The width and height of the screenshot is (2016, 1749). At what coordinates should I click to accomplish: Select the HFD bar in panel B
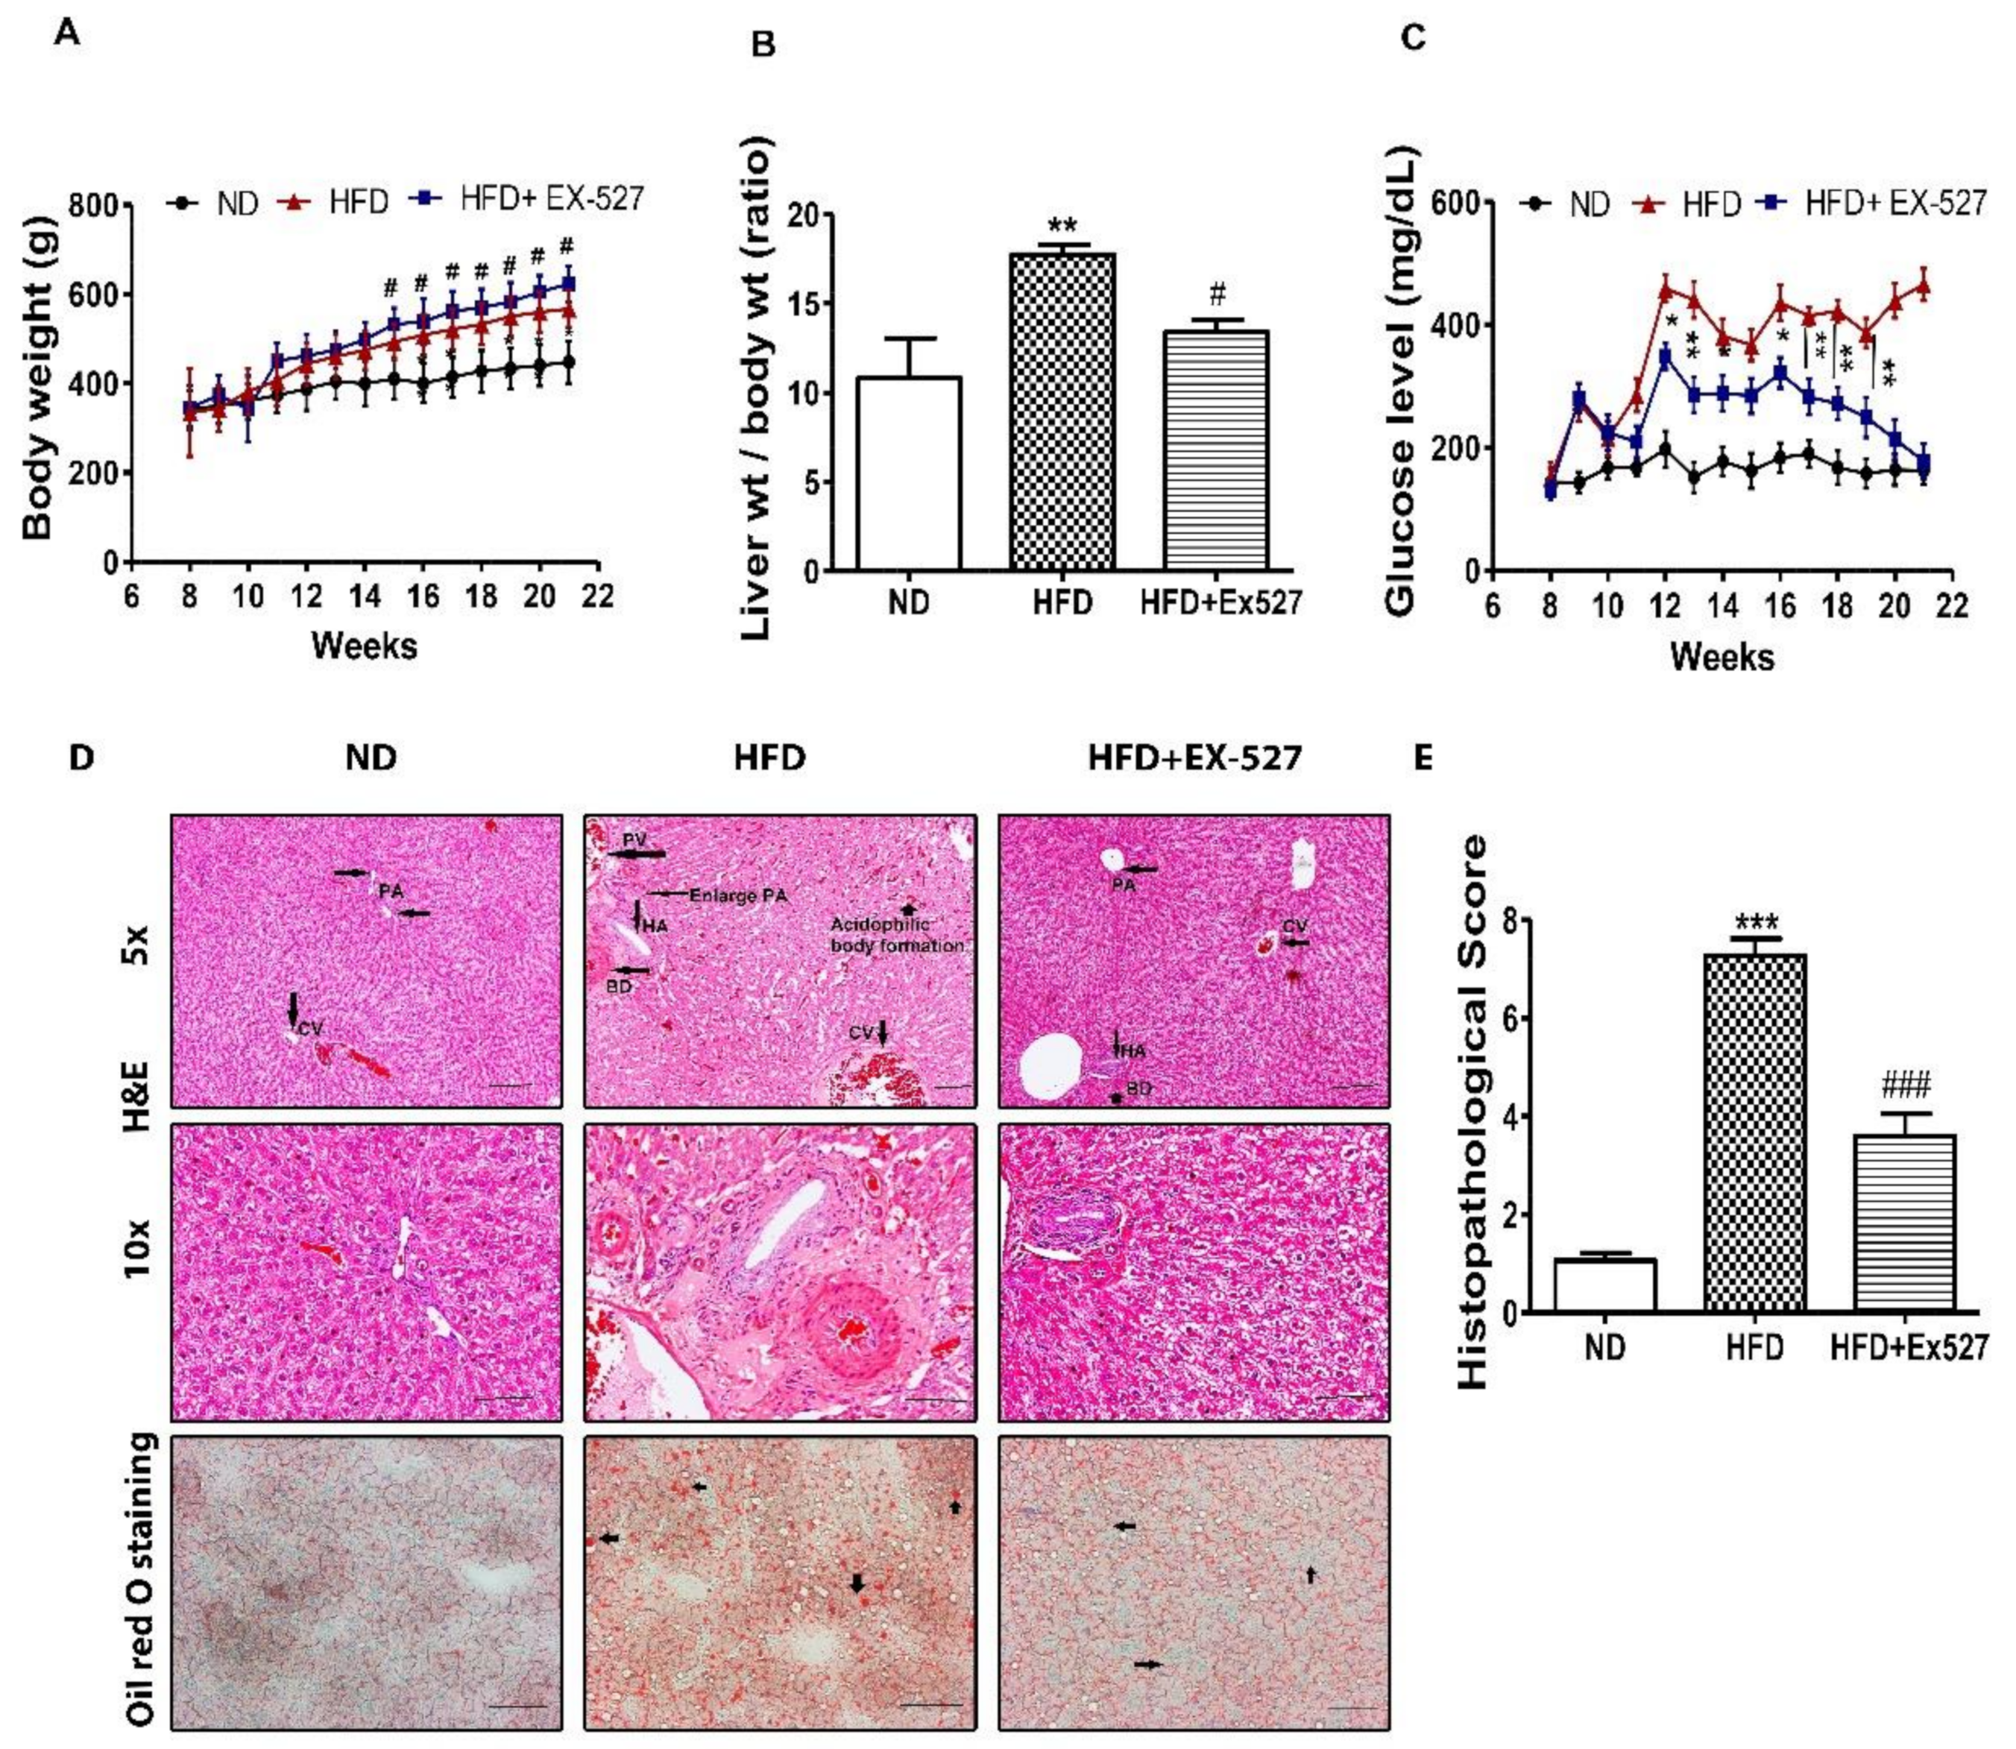point(1062,410)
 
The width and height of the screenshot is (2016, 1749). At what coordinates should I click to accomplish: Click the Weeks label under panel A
point(364,645)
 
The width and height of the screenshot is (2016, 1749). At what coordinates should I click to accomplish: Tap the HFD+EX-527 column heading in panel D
point(1194,758)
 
